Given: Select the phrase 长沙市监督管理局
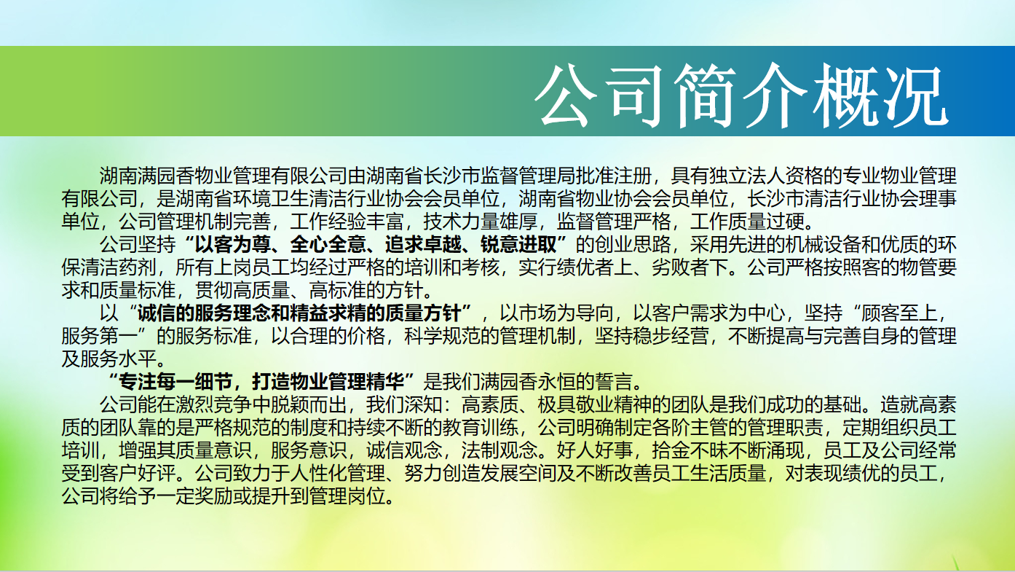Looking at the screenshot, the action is [x=499, y=176].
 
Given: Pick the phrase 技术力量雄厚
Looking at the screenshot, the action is [x=481, y=222].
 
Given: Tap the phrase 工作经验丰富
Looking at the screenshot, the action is [x=347, y=222].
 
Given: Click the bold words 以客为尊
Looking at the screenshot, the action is [x=233, y=245].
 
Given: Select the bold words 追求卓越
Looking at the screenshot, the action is [x=423, y=245].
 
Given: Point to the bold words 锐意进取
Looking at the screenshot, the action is [x=519, y=245].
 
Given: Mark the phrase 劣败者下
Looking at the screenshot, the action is [x=690, y=267].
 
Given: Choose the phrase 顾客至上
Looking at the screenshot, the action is [x=899, y=313].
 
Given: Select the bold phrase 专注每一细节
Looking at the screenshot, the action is [x=175, y=382].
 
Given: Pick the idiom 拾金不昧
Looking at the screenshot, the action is [x=690, y=450].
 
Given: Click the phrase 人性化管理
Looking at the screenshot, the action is [x=338, y=474].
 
